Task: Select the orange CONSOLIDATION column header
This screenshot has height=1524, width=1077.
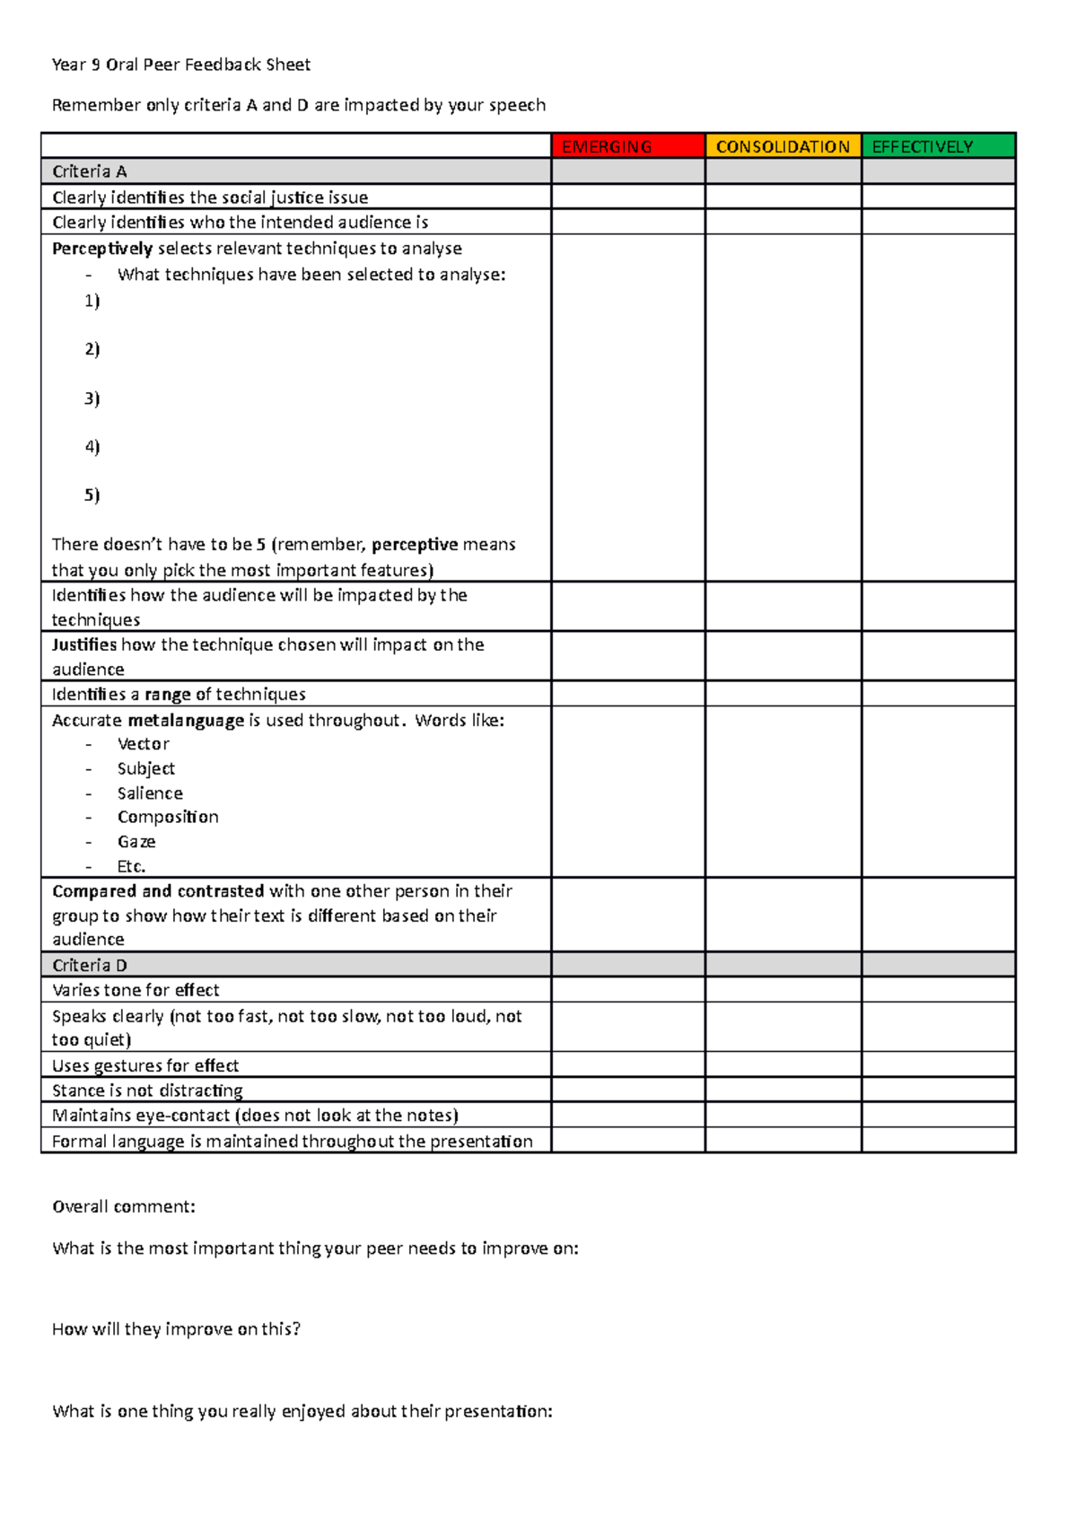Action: click(783, 146)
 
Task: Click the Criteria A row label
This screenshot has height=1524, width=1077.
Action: click(90, 171)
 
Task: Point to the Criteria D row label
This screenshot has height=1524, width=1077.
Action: click(90, 965)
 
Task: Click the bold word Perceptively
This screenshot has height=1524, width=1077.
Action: click(102, 249)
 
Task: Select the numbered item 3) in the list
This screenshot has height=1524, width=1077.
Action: click(92, 398)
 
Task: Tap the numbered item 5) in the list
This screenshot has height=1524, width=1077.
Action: click(92, 495)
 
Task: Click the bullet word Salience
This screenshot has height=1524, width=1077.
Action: click(150, 793)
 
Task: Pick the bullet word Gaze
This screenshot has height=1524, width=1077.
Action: click(136, 842)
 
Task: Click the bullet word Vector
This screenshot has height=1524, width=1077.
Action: click(144, 744)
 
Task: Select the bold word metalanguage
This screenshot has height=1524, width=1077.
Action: click(186, 720)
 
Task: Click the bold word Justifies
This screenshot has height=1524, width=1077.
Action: click(84, 644)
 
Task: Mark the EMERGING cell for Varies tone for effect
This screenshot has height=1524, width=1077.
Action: click(627, 990)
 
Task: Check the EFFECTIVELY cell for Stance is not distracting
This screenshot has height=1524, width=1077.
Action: click(938, 1090)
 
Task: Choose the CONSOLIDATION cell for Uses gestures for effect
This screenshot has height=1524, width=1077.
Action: click(783, 1065)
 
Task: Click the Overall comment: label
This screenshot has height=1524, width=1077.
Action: click(124, 1206)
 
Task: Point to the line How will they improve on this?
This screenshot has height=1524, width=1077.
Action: click(176, 1329)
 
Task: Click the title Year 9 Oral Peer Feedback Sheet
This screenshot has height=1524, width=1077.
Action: click(181, 65)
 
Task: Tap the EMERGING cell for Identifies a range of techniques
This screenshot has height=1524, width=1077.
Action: click(627, 694)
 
